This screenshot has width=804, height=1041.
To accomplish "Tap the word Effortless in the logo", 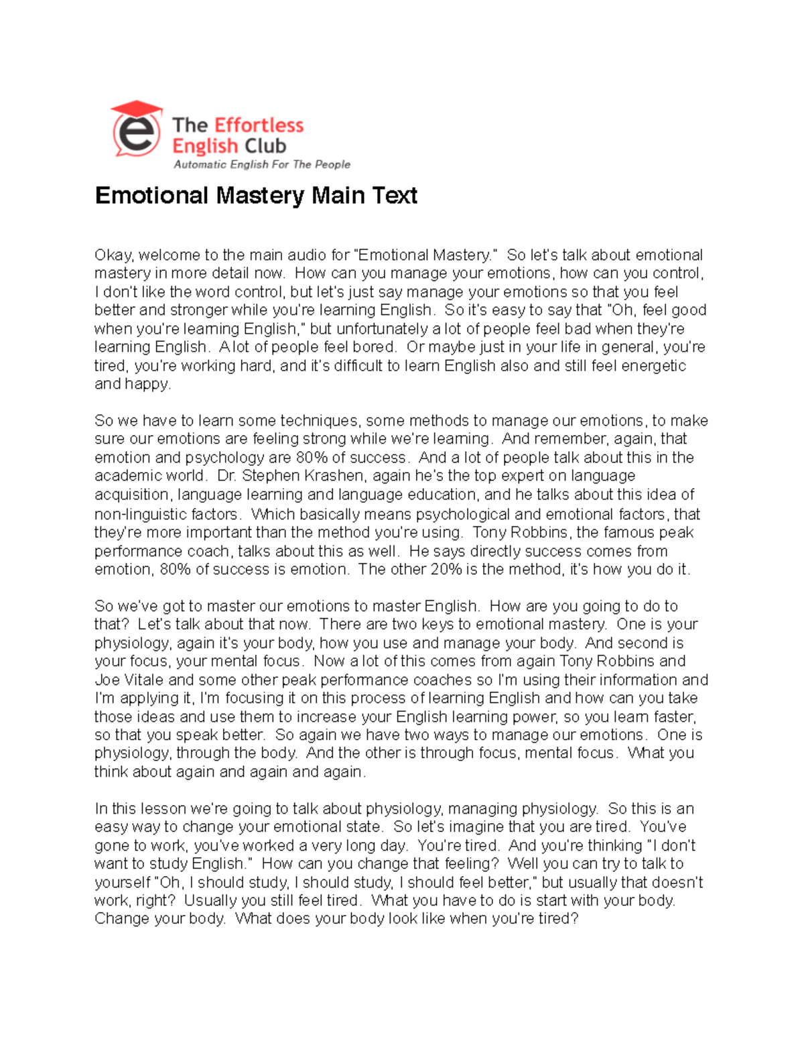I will point(259,125).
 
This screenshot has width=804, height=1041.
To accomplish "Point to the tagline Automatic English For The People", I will point(261,164).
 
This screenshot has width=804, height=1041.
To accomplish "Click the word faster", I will point(673,717).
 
